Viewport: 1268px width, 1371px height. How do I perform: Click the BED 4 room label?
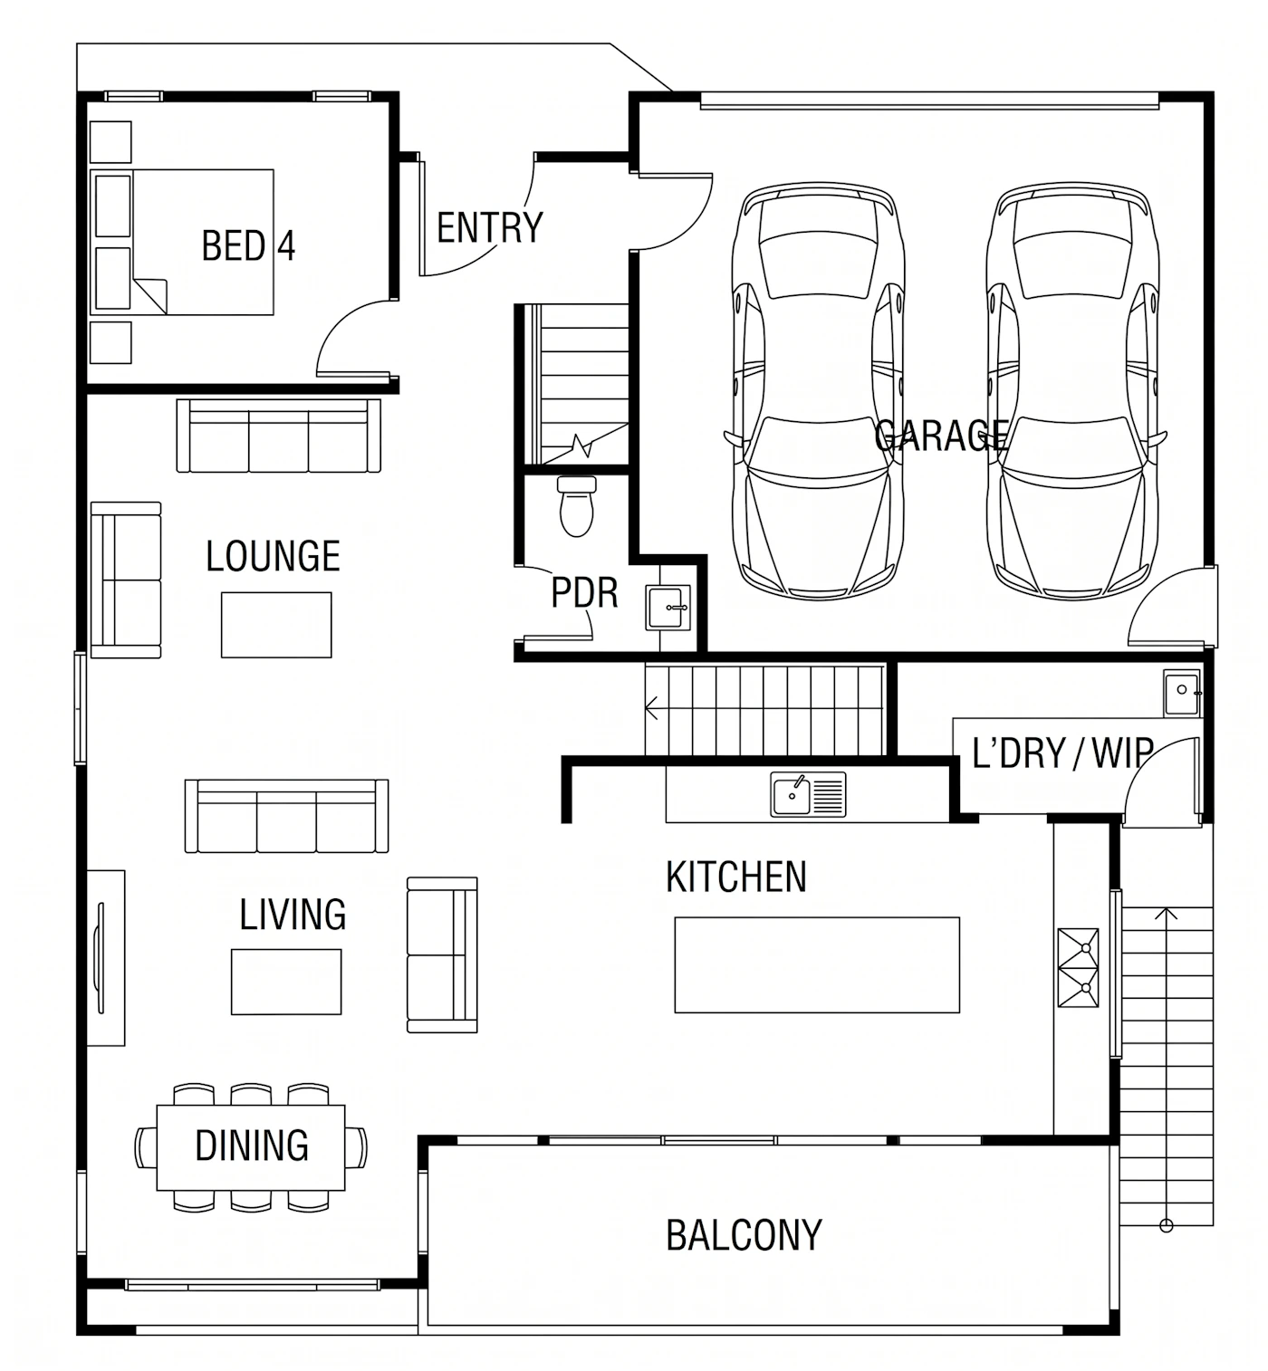point(248,245)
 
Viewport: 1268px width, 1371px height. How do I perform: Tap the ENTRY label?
point(490,228)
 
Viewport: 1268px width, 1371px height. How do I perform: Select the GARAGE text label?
point(941,436)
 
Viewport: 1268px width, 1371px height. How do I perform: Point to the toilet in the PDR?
point(577,506)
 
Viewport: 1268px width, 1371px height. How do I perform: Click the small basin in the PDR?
point(668,608)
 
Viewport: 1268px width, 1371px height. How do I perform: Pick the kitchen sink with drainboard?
point(808,794)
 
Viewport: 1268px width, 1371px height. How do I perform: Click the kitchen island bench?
point(817,965)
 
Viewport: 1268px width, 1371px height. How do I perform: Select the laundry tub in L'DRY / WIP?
point(1182,693)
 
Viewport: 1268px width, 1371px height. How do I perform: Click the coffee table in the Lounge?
point(276,625)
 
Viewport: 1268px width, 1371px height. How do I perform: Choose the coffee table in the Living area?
point(286,982)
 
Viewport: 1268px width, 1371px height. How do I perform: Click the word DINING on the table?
point(252,1146)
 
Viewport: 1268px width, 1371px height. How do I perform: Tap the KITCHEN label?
point(736,877)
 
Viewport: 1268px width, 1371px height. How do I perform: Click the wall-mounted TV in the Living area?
point(101,958)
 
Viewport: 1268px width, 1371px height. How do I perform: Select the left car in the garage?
point(819,391)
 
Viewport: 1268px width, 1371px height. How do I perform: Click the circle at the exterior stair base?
point(1167,1226)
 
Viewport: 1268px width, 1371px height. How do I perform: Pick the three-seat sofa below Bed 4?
point(278,436)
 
